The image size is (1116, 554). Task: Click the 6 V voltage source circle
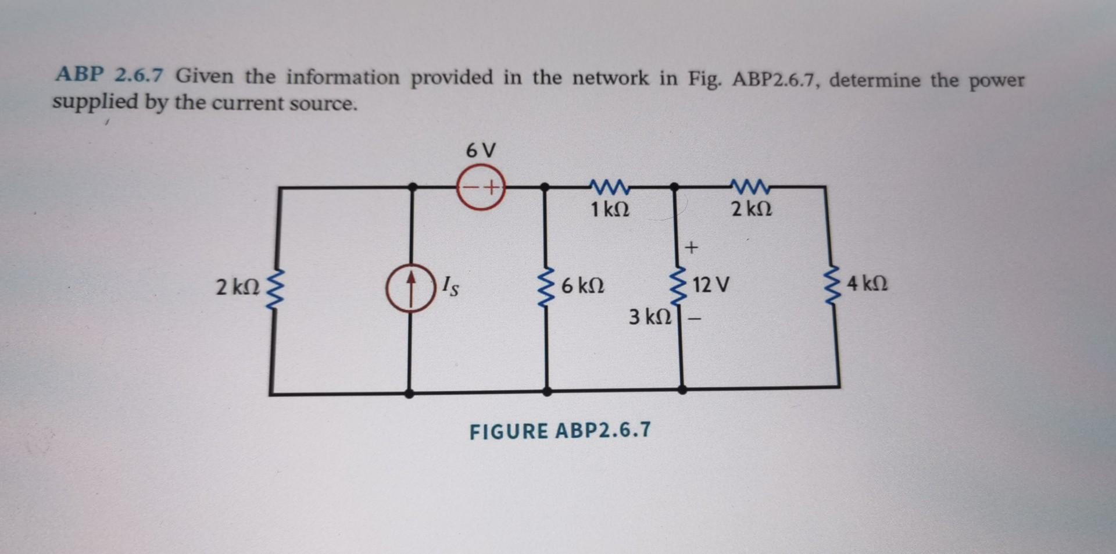tap(481, 188)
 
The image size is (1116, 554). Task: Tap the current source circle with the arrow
tap(411, 288)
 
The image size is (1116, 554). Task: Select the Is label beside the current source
tap(450, 286)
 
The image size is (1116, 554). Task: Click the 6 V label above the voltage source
tap(481, 151)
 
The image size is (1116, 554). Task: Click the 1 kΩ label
tap(610, 209)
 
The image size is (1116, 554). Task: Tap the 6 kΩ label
tap(582, 286)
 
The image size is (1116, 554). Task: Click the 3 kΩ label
tap(650, 317)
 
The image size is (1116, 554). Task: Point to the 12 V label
tap(711, 285)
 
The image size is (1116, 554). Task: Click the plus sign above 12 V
tap(691, 248)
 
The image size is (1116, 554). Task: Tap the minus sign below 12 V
tap(695, 319)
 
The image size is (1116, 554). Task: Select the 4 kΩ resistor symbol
tap(834, 285)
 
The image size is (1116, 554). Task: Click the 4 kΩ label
tap(867, 284)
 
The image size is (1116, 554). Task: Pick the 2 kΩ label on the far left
tap(237, 287)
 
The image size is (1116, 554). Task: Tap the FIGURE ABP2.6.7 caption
tap(560, 431)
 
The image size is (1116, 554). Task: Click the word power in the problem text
tap(996, 81)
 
